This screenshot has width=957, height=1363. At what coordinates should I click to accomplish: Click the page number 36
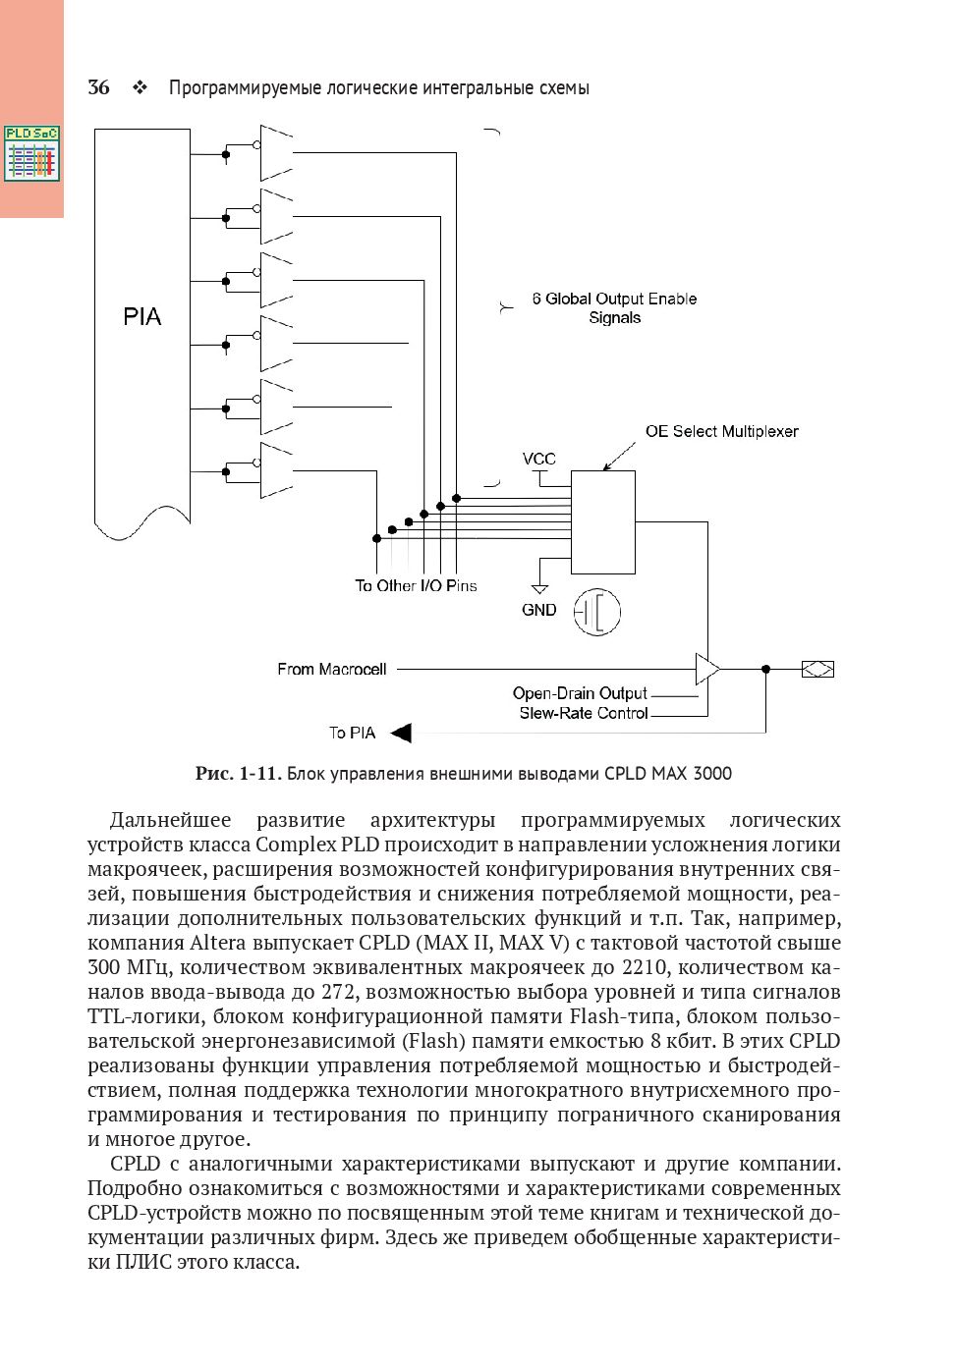98,88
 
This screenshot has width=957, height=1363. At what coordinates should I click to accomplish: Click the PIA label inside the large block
142,317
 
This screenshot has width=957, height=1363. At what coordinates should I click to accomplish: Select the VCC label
538,459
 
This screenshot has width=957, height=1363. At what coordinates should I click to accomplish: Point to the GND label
538,610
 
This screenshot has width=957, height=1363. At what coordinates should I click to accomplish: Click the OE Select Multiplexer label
721,431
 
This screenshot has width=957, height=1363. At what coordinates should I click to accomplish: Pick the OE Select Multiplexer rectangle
603,522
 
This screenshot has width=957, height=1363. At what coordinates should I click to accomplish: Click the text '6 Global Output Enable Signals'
614,308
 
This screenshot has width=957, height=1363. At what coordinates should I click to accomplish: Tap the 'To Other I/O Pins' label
416,586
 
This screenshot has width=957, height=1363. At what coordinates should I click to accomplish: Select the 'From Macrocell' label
332,670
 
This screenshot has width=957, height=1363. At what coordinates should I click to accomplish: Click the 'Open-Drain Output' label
580,694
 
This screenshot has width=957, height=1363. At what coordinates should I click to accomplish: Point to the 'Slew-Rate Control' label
584,713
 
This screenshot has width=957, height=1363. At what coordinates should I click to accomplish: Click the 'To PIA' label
352,733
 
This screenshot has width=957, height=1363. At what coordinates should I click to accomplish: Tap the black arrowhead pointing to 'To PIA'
401,733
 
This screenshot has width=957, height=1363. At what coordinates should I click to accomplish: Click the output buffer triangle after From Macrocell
706,670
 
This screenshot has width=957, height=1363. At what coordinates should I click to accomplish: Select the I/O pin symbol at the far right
817,670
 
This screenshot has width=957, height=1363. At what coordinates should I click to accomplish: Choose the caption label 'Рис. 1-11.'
239,774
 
